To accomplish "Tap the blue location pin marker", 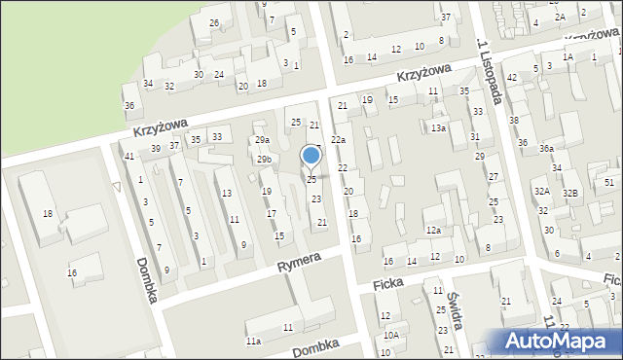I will click(x=311, y=157).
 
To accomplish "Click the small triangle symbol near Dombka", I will click(x=117, y=186).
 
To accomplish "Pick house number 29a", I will click(x=262, y=141).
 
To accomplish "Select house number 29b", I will click(x=264, y=159).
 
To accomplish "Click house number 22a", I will click(x=338, y=141).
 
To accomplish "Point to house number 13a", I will click(x=438, y=128).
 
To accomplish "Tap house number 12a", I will click(x=433, y=230).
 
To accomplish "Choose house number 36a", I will click(x=546, y=149).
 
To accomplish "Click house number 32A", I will click(x=541, y=192).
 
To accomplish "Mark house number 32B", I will click(x=570, y=194).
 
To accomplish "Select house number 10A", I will click(x=390, y=335).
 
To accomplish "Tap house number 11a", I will click(x=253, y=342).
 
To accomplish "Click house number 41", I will click(x=128, y=157).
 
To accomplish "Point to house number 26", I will click(x=214, y=22).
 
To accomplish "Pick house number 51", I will click(x=608, y=182).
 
